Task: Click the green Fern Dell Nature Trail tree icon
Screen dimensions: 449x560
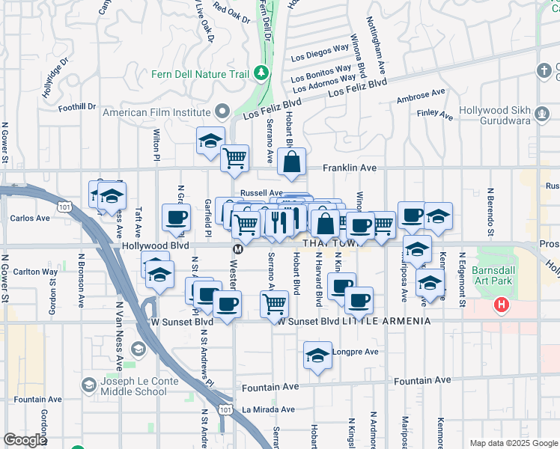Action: [x=261, y=73]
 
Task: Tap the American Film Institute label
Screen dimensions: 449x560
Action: [x=157, y=112]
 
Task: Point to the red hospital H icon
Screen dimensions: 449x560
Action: [x=501, y=305]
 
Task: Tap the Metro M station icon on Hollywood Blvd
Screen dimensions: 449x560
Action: [x=237, y=248]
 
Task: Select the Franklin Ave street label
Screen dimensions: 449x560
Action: [x=349, y=168]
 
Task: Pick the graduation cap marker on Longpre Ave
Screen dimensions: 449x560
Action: [x=317, y=355]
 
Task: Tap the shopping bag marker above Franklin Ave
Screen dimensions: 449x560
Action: [x=291, y=160]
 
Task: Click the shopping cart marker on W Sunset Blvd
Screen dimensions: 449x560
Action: [x=275, y=304]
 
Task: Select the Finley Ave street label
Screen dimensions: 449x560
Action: [x=436, y=115]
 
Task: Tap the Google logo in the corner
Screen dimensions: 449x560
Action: [x=25, y=440]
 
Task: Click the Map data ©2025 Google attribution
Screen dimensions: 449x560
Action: [x=513, y=443]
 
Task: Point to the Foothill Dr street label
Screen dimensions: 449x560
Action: [x=79, y=106]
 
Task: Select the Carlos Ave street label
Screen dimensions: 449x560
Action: [x=30, y=219]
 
